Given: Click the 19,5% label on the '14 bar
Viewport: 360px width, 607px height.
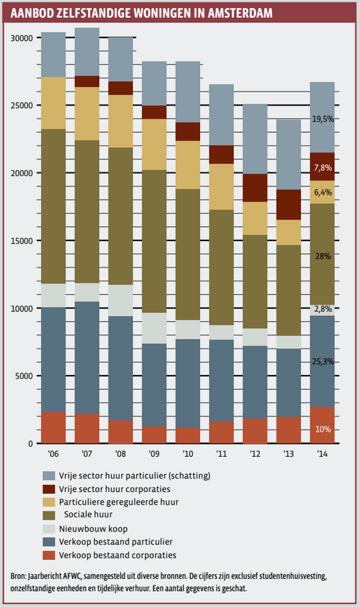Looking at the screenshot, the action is point(323,119).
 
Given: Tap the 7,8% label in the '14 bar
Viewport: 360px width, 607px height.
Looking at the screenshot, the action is point(323,168).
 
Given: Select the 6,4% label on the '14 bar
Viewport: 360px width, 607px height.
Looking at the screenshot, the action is point(323,192).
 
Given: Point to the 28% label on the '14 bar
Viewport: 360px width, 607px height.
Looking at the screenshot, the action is point(323,256).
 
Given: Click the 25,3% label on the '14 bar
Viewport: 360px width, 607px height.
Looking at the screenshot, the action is point(323,361).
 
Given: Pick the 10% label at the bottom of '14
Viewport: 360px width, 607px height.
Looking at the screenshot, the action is point(323,429).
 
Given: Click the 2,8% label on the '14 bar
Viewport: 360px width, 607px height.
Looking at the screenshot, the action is point(323,309).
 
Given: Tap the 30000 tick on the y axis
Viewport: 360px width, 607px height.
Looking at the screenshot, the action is point(22,38).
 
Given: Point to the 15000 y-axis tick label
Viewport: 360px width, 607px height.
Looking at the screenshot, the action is point(22,241).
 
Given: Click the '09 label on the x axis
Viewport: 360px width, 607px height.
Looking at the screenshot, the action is point(154,453).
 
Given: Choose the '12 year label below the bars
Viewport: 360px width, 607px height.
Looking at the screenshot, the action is point(255,453).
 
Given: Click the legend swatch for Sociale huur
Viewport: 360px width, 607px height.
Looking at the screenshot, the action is point(49,515).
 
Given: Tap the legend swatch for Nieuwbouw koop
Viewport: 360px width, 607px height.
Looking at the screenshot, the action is point(49,529).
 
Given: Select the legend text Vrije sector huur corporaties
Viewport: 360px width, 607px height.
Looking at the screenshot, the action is point(114,489).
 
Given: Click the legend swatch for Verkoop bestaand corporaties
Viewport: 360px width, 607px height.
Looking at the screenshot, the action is point(49,555).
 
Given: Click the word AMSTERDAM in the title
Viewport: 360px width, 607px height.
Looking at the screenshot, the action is point(240,13).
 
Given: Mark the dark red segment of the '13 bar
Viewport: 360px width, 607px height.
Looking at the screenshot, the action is point(289,205).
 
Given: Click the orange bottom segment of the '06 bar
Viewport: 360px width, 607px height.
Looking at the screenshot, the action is point(54,428).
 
